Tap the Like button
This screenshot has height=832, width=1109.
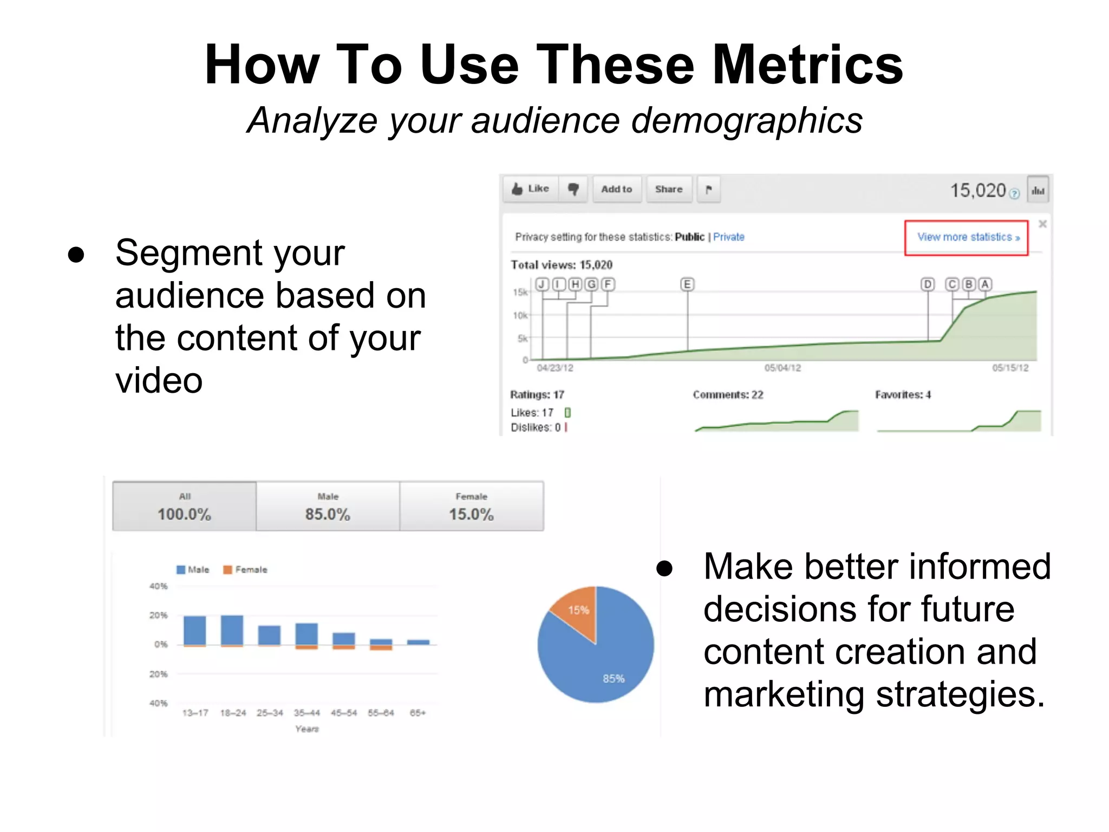tap(530, 189)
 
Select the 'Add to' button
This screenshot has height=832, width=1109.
tap(616, 189)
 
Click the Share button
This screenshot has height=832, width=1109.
tap(669, 189)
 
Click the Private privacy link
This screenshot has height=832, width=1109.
tap(728, 237)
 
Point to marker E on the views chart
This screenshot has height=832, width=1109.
tap(687, 284)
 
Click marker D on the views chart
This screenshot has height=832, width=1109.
tap(928, 284)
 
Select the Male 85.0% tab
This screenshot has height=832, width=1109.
tap(328, 506)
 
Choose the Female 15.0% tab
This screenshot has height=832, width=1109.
tap(471, 506)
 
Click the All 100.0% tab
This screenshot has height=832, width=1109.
tap(184, 506)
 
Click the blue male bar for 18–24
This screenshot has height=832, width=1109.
tap(232, 630)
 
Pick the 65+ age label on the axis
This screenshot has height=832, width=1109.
tap(417, 713)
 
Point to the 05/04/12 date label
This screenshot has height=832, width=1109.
tap(782, 368)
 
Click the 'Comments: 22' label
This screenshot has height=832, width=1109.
tap(728, 395)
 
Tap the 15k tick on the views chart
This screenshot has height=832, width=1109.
tap(520, 292)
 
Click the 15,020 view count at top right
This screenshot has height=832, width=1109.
tap(978, 191)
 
